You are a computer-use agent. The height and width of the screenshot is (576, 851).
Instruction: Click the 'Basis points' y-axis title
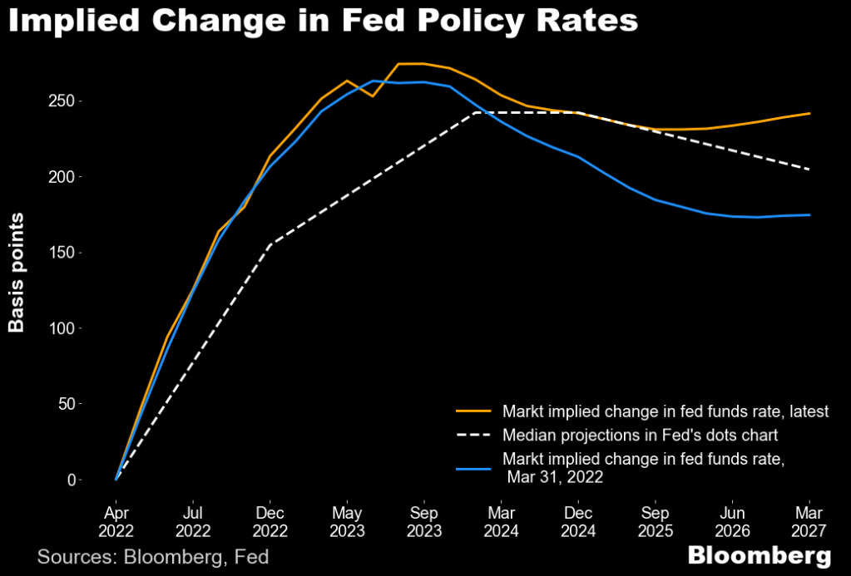[x=17, y=272]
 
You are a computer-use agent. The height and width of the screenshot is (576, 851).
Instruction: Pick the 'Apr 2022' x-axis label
[x=116, y=519]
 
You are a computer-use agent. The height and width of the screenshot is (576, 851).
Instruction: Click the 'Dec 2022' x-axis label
[x=270, y=519]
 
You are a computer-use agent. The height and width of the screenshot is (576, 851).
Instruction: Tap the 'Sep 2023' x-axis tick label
[x=423, y=519]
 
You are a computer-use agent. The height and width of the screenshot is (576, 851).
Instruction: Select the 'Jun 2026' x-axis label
[x=731, y=519]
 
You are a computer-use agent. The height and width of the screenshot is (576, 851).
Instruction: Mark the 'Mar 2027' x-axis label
[x=809, y=519]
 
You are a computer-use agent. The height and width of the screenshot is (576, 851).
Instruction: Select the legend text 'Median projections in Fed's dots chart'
[x=641, y=435]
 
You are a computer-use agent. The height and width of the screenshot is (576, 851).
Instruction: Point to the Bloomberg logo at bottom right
[x=759, y=555]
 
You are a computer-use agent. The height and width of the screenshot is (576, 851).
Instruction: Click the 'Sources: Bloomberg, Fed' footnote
[x=153, y=556]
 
